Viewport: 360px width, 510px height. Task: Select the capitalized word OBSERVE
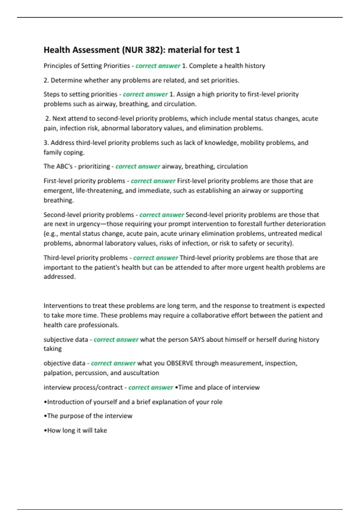click(180, 363)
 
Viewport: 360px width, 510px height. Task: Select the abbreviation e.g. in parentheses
click(51, 234)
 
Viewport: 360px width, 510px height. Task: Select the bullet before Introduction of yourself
click(45, 402)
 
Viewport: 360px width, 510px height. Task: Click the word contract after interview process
click(110, 388)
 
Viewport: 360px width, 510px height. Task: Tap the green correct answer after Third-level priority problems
click(156, 258)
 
